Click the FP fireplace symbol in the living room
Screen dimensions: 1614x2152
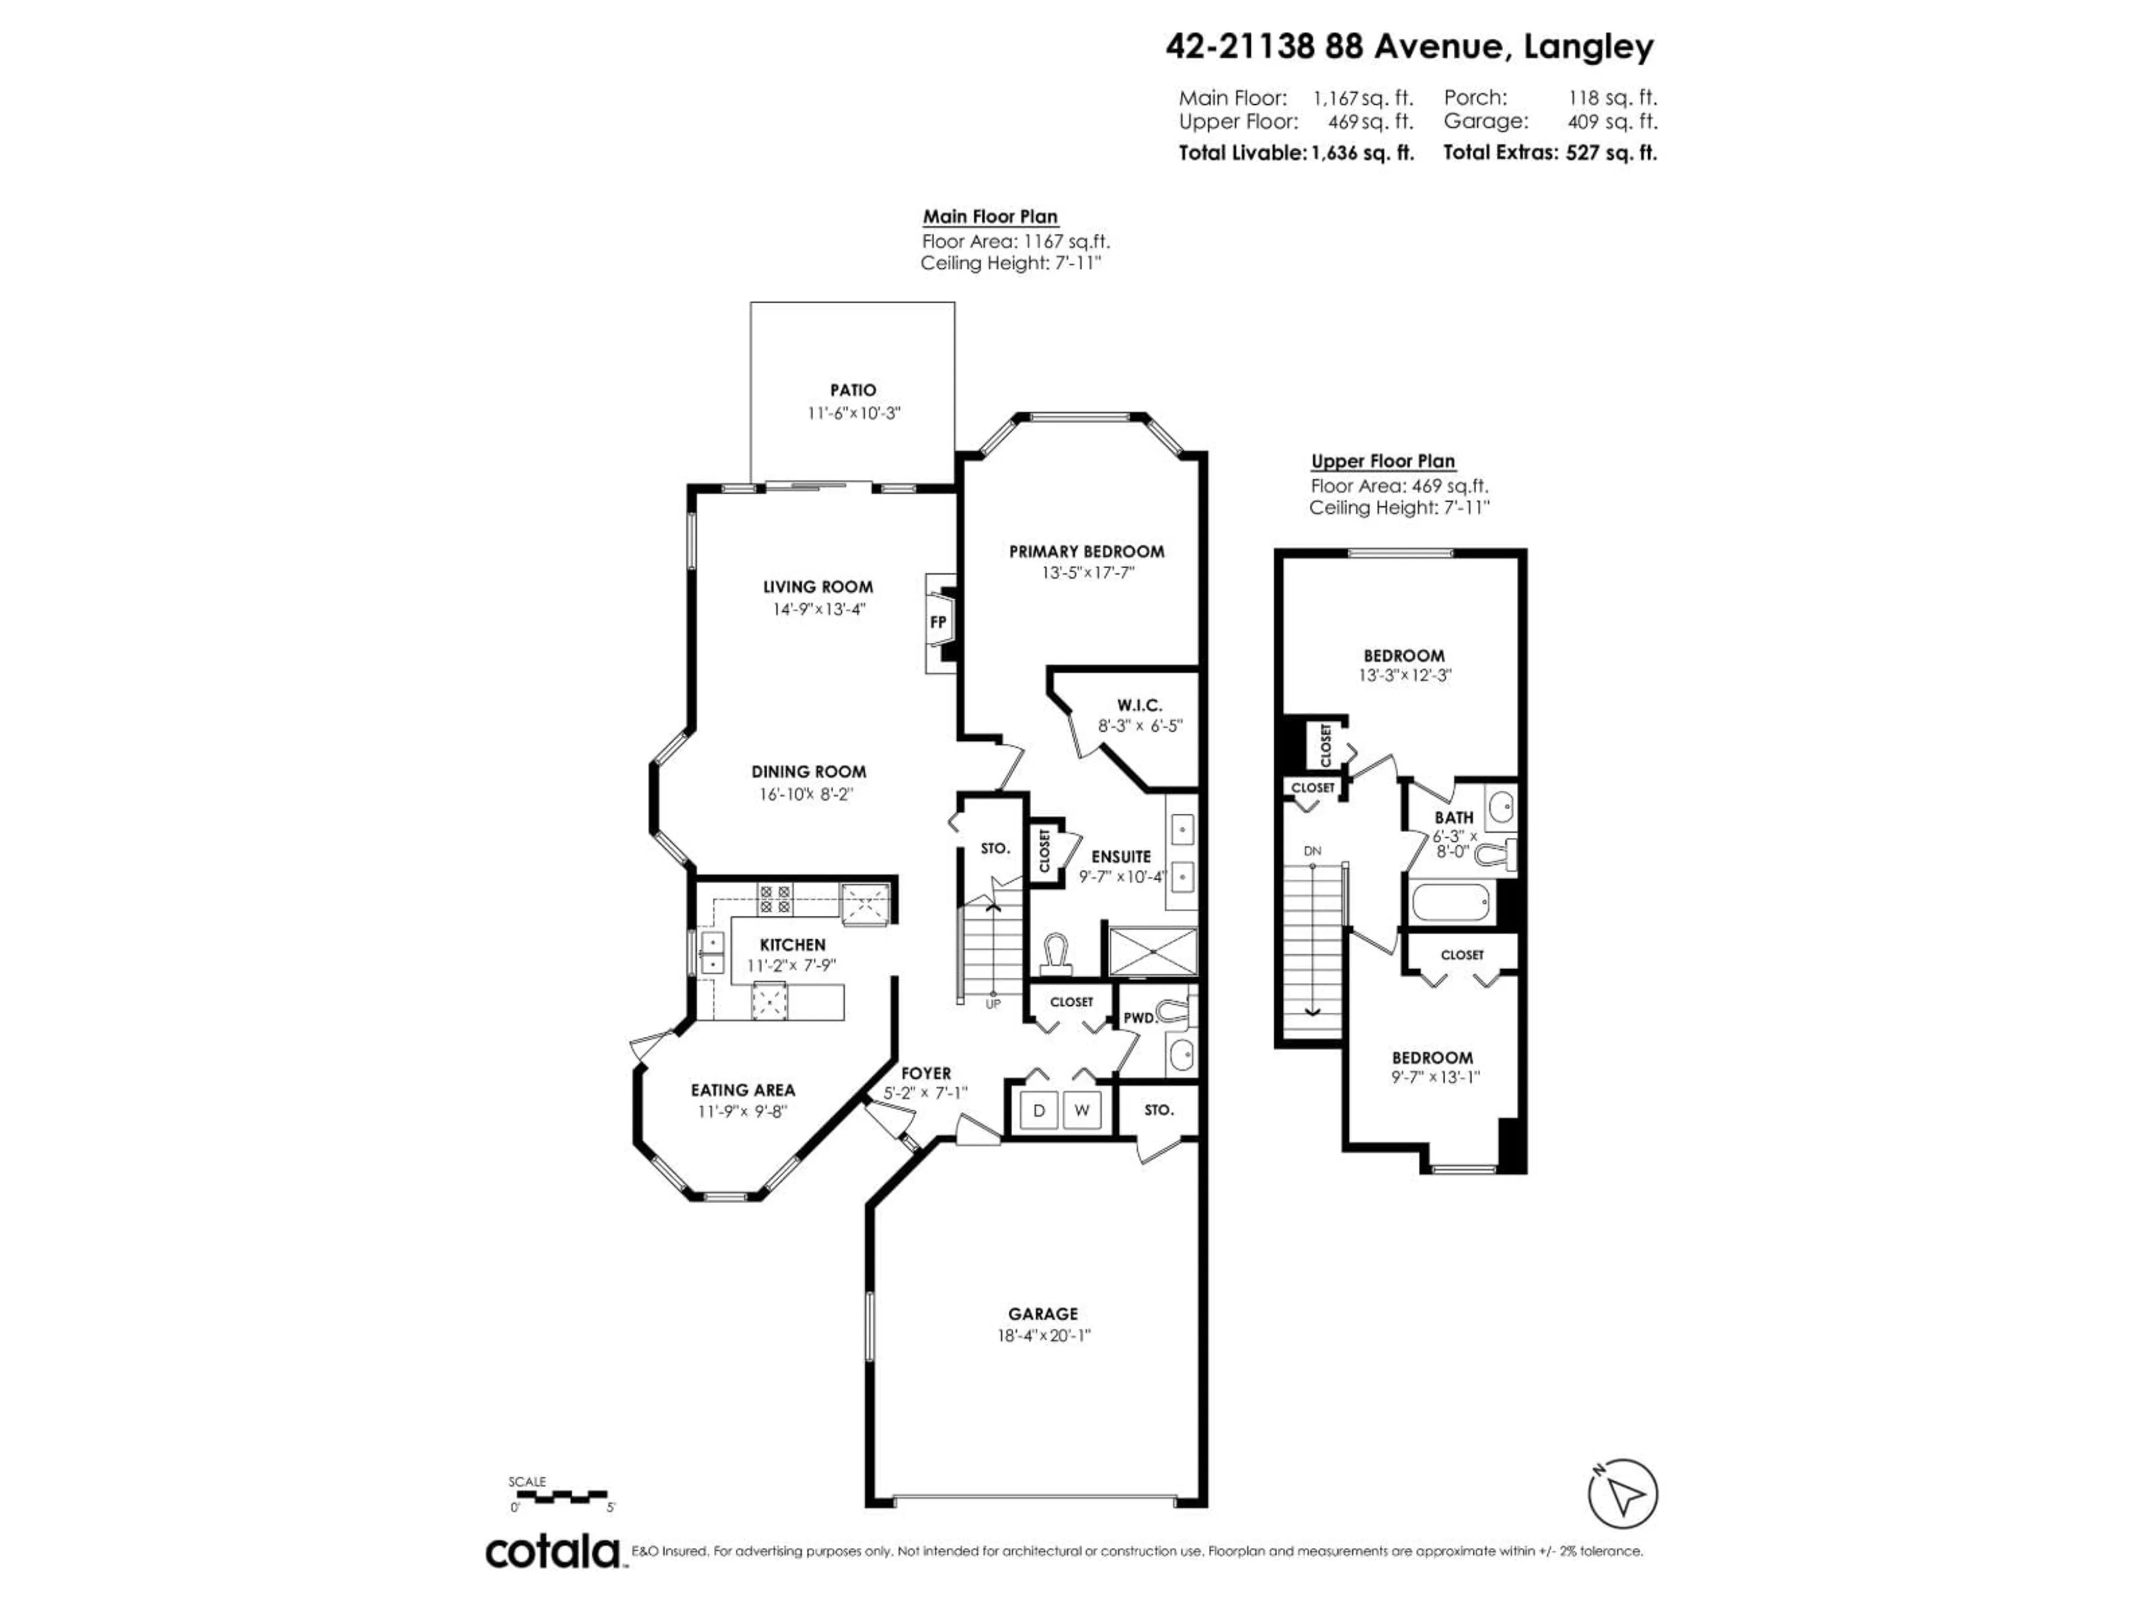point(938,623)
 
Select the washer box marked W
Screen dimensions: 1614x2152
point(1081,1110)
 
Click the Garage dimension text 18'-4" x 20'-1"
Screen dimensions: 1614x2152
point(1043,1336)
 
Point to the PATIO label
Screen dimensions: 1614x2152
point(852,390)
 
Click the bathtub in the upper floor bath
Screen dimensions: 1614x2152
point(1451,903)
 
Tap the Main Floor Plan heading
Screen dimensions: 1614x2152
point(989,217)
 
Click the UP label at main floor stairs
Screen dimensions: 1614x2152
point(992,1003)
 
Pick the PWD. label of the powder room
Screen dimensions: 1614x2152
point(1139,1018)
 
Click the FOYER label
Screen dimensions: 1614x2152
point(925,1073)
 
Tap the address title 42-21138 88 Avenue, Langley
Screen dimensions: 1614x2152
point(1409,46)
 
